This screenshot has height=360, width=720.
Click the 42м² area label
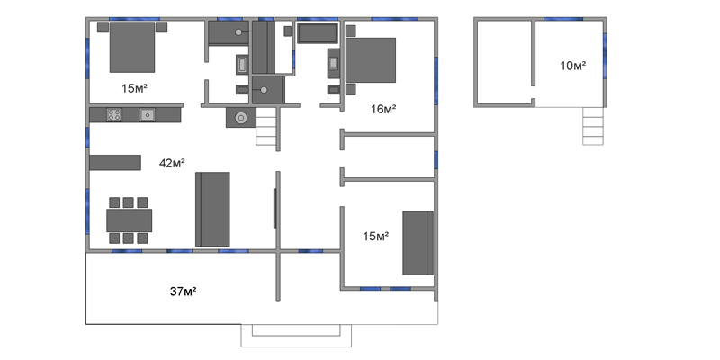click(172, 163)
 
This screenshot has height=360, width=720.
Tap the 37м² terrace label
click(184, 291)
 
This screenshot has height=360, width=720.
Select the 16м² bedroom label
click(383, 109)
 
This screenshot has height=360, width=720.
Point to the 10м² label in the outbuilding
click(572, 66)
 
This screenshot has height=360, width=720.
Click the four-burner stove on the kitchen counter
click(114, 115)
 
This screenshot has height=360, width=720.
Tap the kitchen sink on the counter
click(147, 115)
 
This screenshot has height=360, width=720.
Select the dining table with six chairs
click(129, 220)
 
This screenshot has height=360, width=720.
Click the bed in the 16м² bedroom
click(371, 60)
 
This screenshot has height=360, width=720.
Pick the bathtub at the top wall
click(318, 33)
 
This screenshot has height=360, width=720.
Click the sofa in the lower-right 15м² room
click(418, 243)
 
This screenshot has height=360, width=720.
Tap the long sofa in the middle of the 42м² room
click(212, 210)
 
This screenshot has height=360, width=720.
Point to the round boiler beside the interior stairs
click(240, 118)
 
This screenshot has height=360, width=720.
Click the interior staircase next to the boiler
click(265, 127)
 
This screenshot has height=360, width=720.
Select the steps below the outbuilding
click(593, 126)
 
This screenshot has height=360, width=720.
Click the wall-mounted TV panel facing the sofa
click(275, 208)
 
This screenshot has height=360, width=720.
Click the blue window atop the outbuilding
click(563, 19)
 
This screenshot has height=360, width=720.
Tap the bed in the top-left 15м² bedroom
click(132, 47)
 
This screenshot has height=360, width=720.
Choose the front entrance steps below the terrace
click(296, 335)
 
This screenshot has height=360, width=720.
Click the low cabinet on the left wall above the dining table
click(115, 163)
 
